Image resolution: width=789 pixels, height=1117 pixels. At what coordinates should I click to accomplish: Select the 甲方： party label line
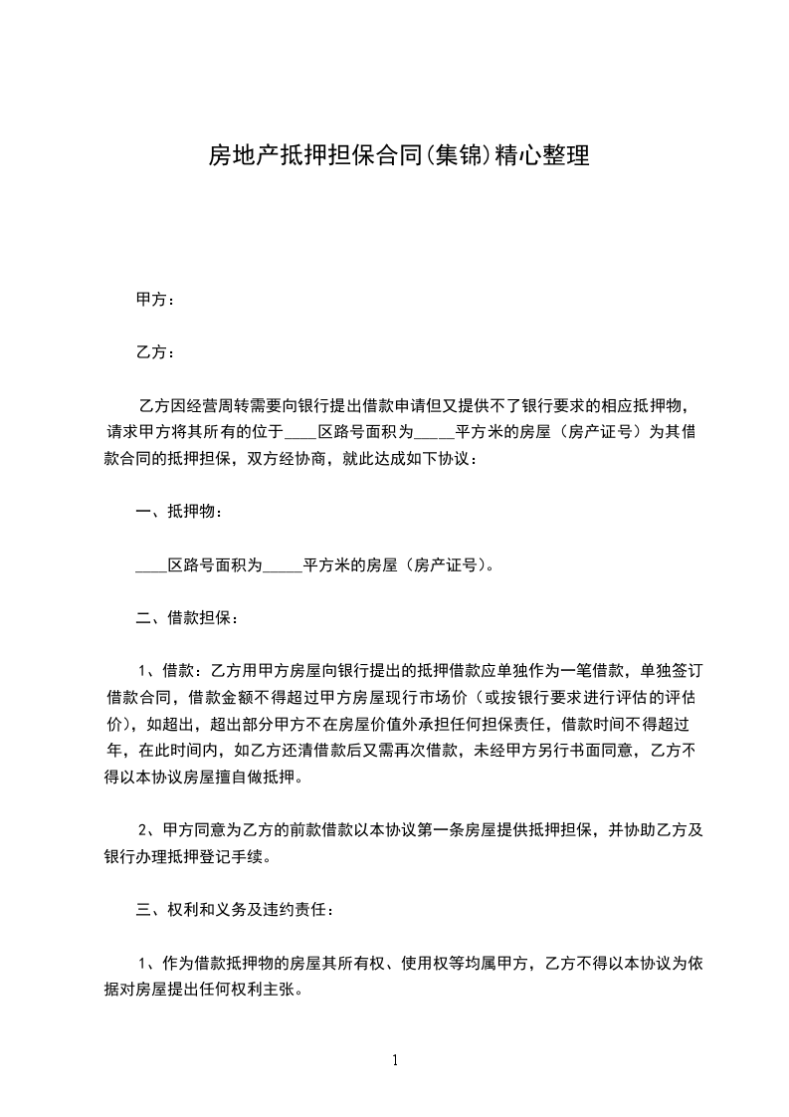[x=155, y=300]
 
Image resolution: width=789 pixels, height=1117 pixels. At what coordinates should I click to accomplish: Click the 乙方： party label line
[x=155, y=352]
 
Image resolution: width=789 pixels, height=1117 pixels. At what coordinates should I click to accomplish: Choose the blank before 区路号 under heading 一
[x=150, y=565]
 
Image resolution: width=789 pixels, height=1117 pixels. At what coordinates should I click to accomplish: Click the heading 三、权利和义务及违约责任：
[x=236, y=909]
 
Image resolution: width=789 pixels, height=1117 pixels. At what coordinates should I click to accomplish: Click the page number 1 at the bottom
[x=395, y=1060]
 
